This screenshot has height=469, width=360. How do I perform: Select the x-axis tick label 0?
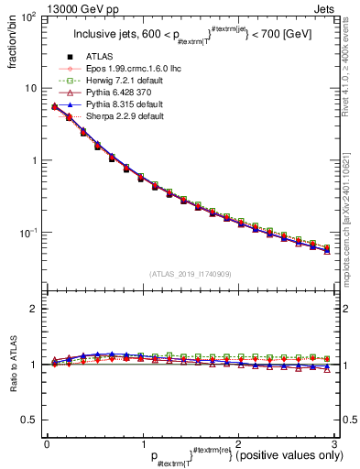pos(47,444)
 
